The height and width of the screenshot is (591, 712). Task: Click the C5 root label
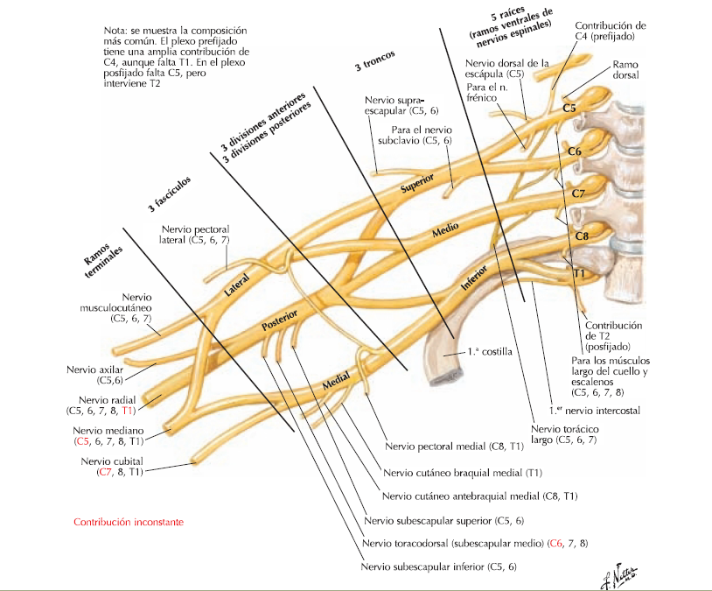pyautogui.click(x=569, y=109)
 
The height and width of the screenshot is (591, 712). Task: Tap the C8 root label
pyautogui.click(x=582, y=236)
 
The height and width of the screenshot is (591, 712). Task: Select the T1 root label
pyautogui.click(x=578, y=274)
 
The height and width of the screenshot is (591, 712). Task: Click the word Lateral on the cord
pyautogui.click(x=237, y=287)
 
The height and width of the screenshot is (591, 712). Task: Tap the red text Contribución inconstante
pyautogui.click(x=129, y=523)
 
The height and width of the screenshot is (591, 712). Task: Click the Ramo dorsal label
pyautogui.click(x=625, y=69)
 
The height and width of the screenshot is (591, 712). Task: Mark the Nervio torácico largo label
pyautogui.click(x=563, y=434)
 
